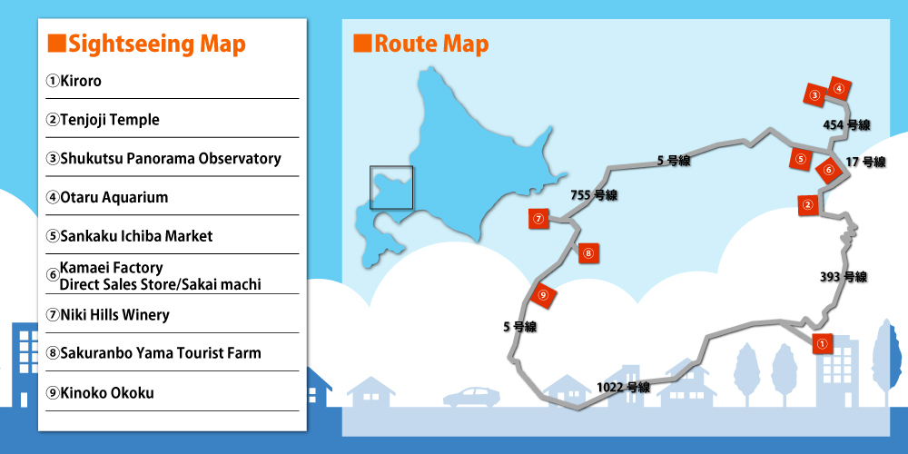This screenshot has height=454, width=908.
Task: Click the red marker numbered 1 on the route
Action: point(821,343)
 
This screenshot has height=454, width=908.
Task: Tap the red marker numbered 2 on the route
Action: point(807,205)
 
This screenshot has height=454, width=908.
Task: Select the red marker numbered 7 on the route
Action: point(538,218)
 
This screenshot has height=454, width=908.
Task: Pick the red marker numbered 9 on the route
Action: point(543,294)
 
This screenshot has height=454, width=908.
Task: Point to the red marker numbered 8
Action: point(588,253)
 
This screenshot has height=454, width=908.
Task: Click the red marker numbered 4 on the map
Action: point(839,89)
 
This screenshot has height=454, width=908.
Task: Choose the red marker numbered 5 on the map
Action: point(800,159)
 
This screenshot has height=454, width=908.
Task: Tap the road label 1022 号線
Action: point(623,387)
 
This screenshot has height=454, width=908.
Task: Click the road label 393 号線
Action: point(843,277)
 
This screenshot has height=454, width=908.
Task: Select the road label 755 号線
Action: point(594,195)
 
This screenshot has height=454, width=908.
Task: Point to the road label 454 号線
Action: point(846,124)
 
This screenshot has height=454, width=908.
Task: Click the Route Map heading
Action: point(420,44)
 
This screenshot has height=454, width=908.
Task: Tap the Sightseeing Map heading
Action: point(146,44)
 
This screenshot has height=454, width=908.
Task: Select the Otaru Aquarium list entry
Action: point(107,197)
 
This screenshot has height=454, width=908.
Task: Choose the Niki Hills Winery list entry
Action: point(107,315)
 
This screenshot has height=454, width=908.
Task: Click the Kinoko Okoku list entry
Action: point(100,393)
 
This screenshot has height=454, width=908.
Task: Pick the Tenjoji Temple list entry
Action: point(103,120)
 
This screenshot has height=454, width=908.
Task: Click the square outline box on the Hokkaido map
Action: point(391,188)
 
